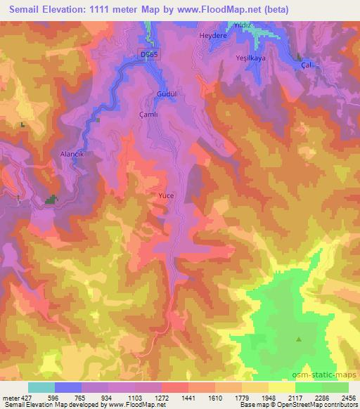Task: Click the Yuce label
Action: click(x=166, y=195)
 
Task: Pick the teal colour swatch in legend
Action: click(x=41, y=387)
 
